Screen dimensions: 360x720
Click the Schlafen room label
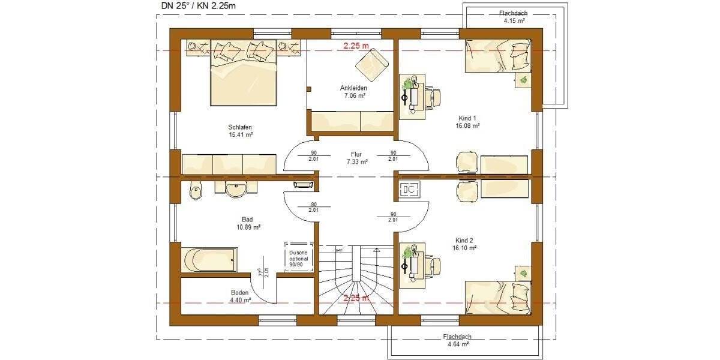pyautogui.click(x=239, y=131)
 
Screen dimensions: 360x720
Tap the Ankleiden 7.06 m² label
pyautogui.click(x=353, y=91)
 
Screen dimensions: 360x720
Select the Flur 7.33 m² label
pyautogui.click(x=357, y=158)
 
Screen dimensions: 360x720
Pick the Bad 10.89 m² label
pyautogui.click(x=248, y=224)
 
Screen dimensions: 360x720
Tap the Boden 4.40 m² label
pyautogui.click(x=239, y=296)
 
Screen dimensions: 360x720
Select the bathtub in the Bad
pyautogui.click(x=209, y=260)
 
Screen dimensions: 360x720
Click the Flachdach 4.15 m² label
pyautogui.click(x=514, y=17)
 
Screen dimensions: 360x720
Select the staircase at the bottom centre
pyautogui.click(x=355, y=280)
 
